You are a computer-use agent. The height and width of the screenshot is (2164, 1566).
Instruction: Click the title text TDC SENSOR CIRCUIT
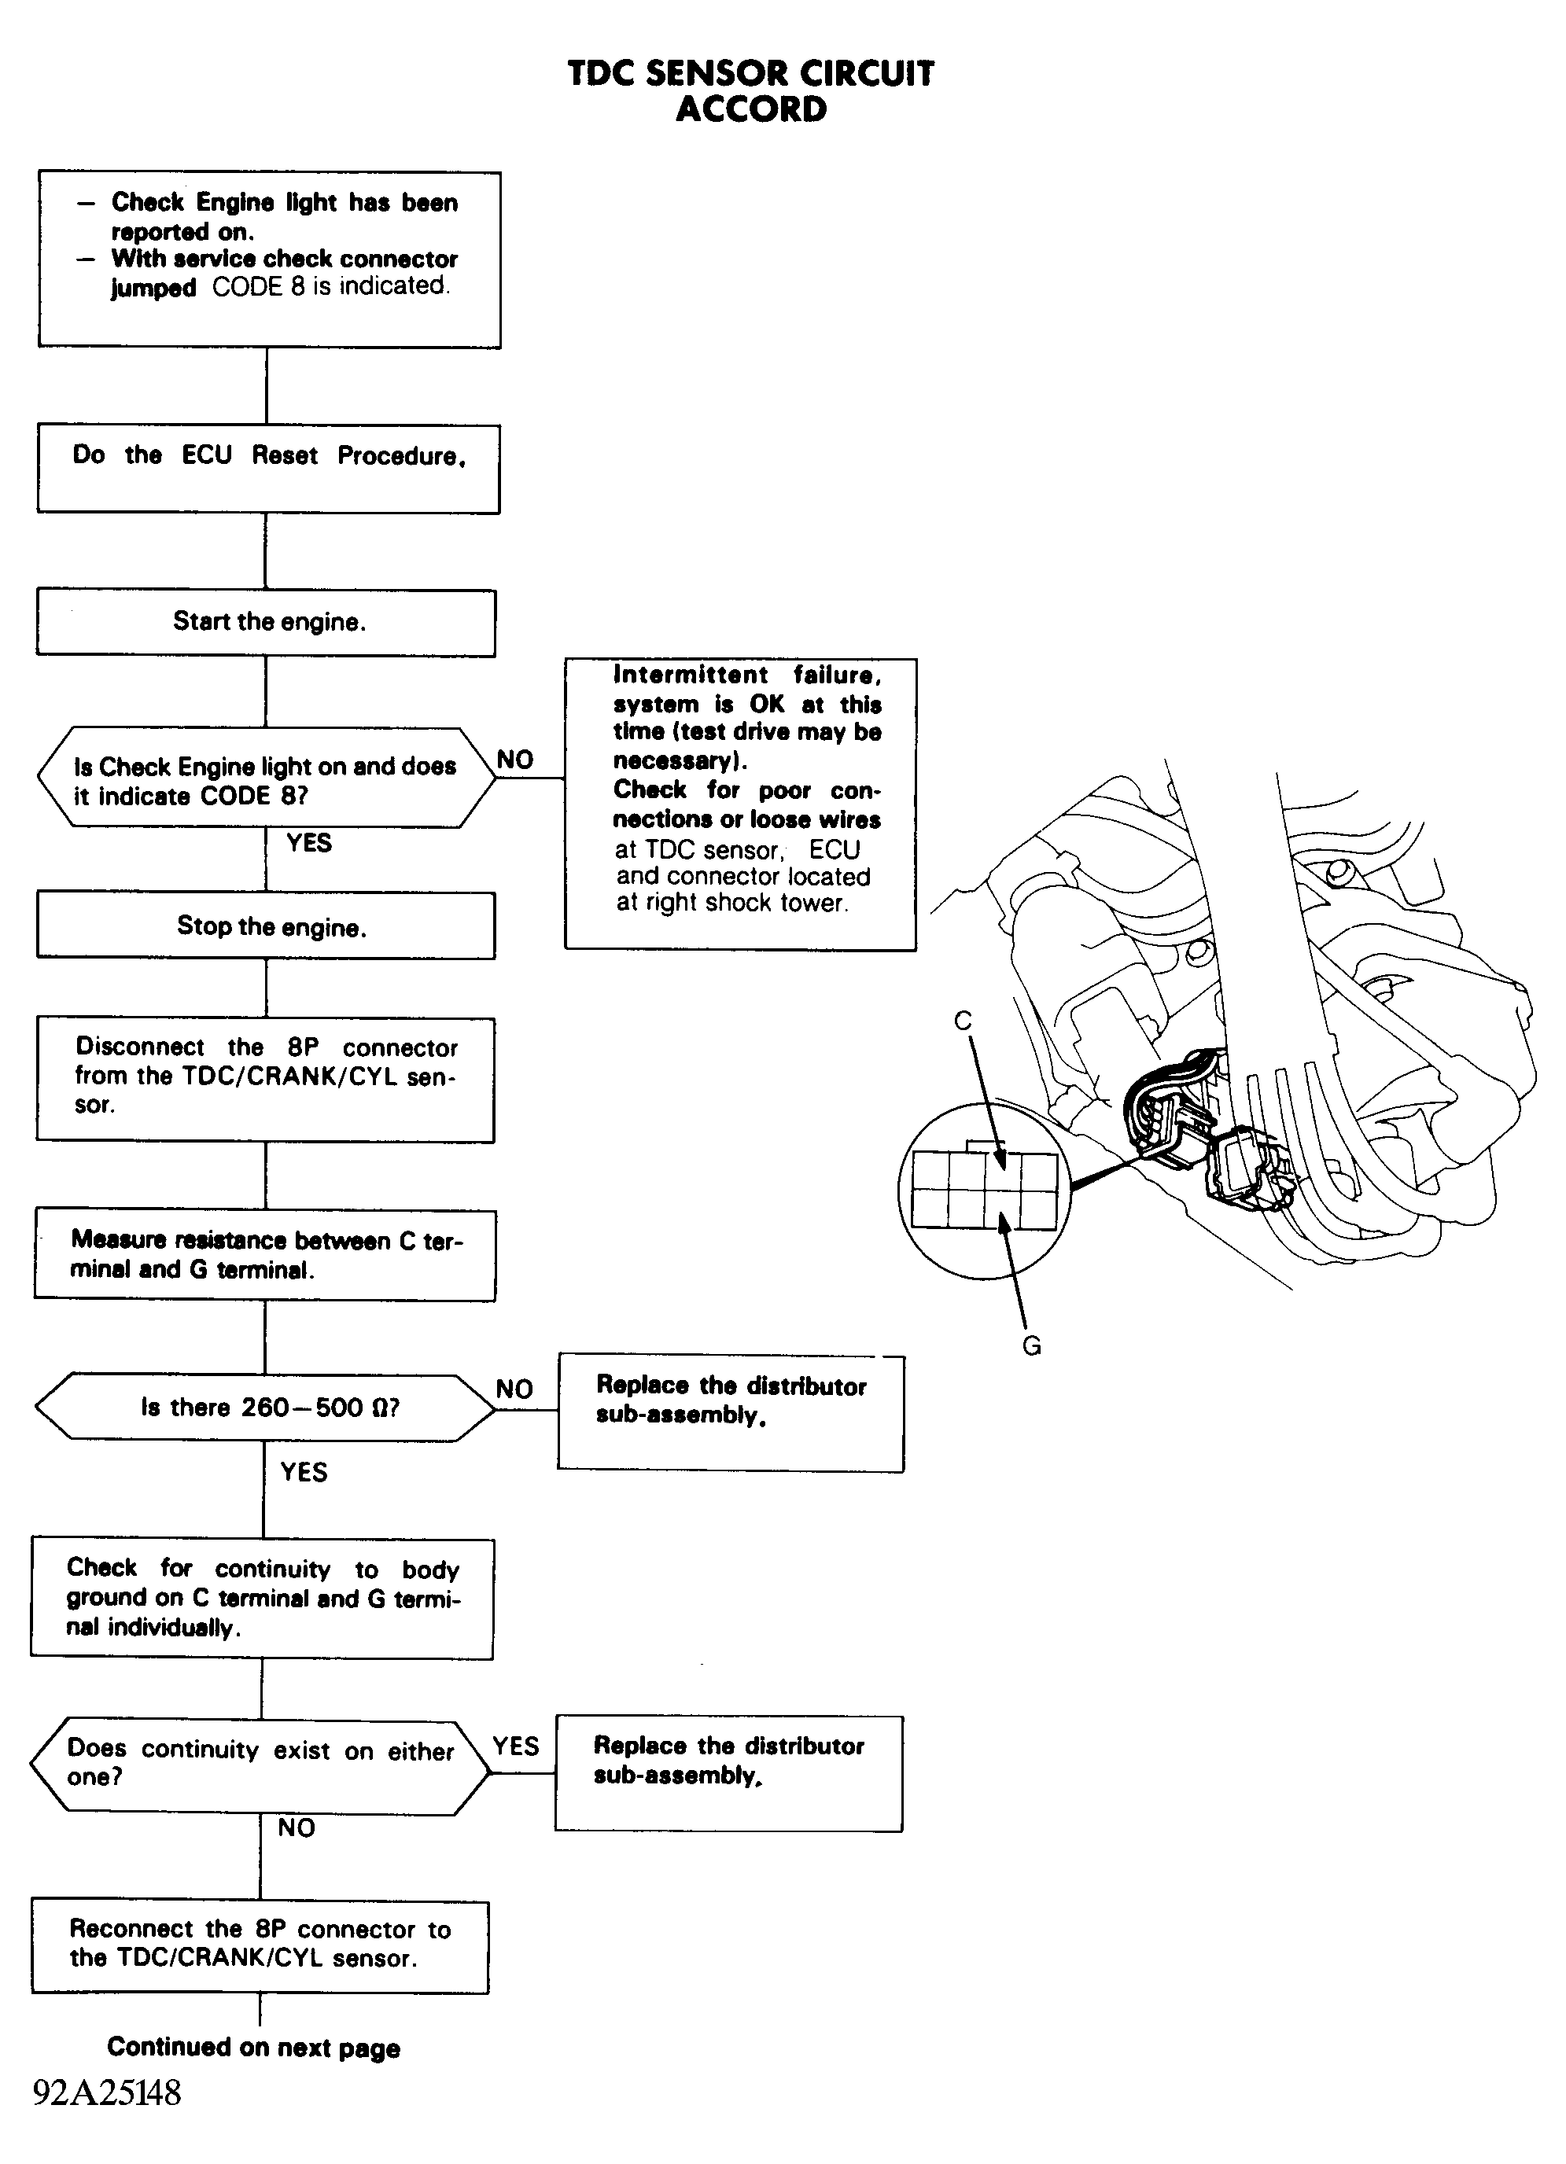pos(751,73)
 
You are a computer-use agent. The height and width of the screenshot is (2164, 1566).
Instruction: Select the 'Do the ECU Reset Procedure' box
pos(268,469)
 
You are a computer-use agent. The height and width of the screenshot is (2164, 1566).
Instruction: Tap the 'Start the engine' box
pos(267,623)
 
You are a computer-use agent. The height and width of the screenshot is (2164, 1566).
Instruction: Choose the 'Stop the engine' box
pos(267,926)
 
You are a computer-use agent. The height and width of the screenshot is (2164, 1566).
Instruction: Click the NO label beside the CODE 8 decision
pos(515,760)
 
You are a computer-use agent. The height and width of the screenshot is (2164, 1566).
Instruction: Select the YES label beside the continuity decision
pos(516,1746)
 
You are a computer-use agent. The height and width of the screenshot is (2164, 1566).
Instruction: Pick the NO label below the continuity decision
pos(296,1827)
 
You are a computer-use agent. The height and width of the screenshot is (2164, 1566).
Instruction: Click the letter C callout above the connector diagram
pos(963,1021)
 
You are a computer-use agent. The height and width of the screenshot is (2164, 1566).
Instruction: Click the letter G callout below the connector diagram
pos(1032,1346)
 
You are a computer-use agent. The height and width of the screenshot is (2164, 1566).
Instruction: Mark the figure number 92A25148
pos(107,2092)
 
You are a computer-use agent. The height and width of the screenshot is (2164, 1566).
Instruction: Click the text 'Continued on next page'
pos(254,2048)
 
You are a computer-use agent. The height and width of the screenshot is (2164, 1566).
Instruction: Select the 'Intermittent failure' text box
pos(741,804)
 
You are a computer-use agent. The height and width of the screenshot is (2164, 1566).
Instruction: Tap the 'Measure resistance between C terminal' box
pos(265,1256)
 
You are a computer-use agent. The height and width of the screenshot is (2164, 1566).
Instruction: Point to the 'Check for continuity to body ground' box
pos(263,1599)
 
